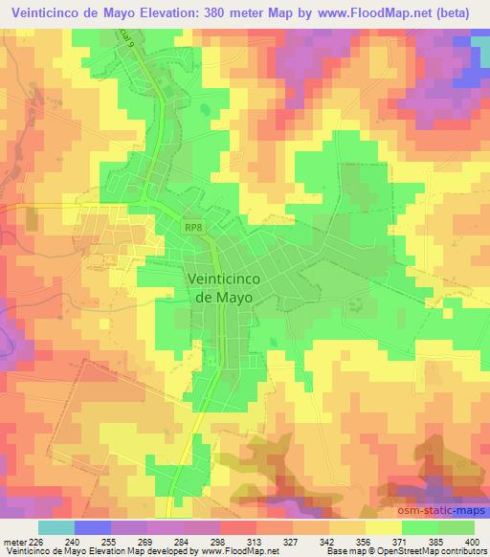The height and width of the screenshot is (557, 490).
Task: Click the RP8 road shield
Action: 195,227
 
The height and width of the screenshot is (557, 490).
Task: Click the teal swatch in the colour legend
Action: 56,527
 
